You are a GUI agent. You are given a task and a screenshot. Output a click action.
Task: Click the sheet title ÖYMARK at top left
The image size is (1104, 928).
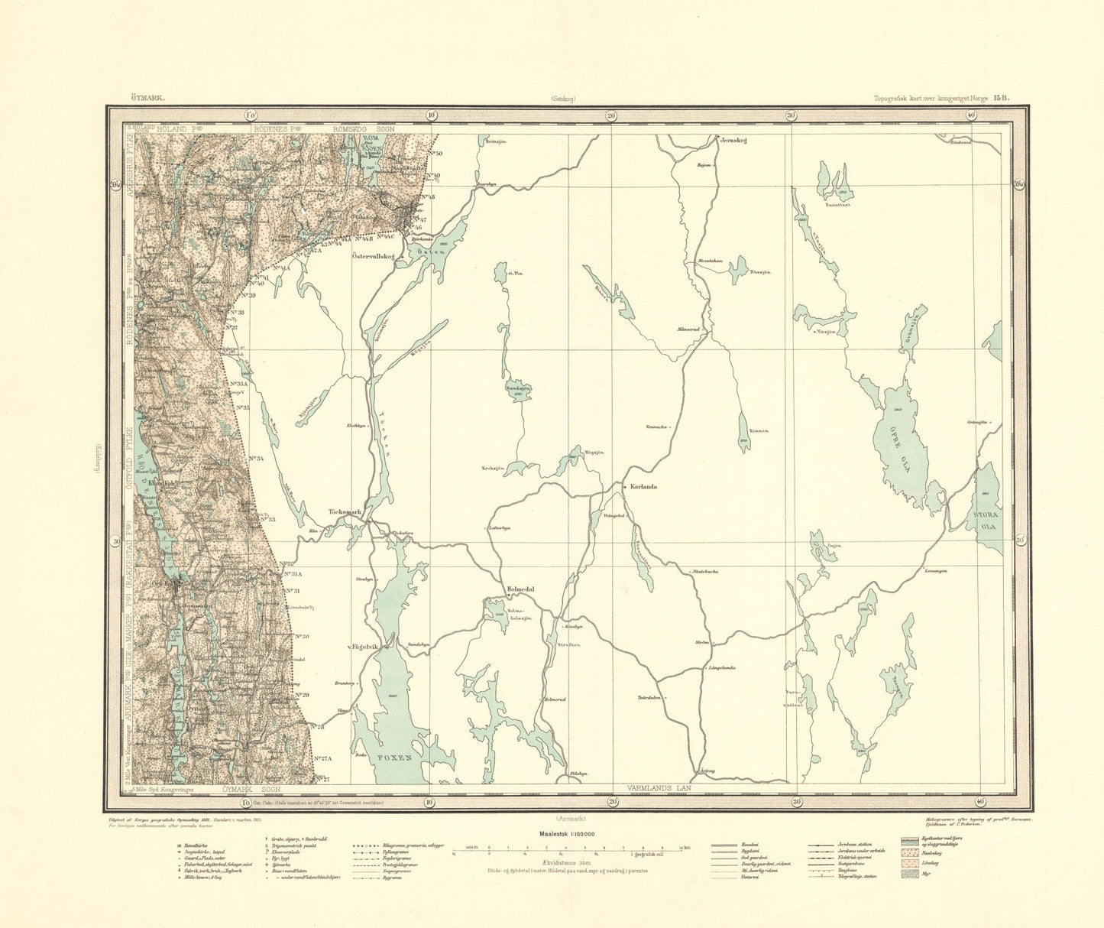click(x=138, y=98)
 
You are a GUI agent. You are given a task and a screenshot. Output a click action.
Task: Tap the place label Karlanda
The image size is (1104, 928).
click(x=643, y=486)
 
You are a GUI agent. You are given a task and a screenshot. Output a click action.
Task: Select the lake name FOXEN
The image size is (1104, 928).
click(x=397, y=757)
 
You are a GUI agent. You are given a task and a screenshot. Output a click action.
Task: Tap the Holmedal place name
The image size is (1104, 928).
click(x=521, y=589)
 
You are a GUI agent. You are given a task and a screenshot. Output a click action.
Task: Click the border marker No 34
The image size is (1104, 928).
click(x=256, y=459)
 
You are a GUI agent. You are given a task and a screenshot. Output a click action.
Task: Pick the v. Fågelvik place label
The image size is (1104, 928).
click(x=364, y=647)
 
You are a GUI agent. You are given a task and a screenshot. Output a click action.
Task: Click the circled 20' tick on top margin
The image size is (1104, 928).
click(x=610, y=115)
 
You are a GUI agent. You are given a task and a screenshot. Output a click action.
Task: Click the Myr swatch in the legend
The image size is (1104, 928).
click(x=910, y=874)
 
